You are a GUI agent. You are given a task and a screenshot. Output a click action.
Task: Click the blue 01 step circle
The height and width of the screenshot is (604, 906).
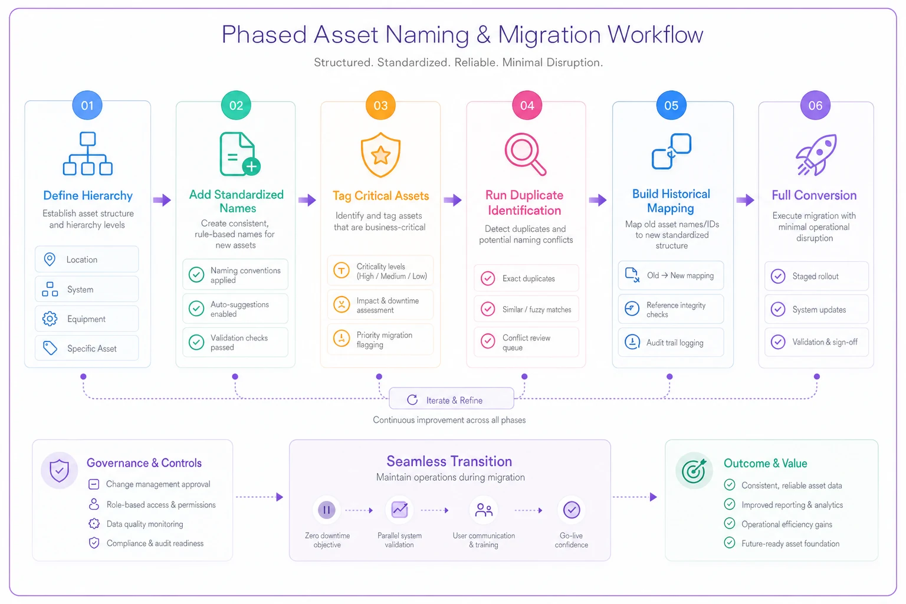point(87,105)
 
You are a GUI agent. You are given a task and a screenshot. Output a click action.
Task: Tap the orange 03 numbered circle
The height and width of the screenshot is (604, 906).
point(380,105)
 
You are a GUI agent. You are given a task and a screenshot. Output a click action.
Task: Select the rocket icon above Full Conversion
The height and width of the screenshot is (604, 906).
point(816,155)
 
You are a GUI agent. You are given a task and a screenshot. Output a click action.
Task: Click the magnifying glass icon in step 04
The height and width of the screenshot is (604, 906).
point(526,154)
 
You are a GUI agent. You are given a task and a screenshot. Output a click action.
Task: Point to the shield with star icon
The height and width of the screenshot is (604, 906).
point(380,155)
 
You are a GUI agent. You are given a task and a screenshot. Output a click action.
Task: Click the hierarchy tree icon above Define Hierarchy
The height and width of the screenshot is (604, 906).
point(88,153)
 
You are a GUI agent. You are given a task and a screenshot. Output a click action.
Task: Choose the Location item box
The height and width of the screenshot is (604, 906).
point(87,260)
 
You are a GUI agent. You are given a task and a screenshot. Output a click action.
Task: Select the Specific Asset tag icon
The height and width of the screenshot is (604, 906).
point(50,348)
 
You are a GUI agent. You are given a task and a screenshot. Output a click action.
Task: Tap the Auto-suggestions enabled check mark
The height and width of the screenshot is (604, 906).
point(196,308)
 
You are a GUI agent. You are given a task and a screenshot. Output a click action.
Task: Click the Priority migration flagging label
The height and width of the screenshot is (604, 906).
point(384,340)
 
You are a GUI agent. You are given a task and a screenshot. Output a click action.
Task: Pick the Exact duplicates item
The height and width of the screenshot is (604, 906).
point(526,278)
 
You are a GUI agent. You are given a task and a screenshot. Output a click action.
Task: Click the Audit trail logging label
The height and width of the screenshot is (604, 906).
point(675,343)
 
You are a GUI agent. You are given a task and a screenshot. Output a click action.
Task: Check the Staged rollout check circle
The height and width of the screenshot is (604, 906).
point(778,276)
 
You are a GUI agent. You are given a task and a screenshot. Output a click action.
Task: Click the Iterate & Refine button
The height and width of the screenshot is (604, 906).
point(451,399)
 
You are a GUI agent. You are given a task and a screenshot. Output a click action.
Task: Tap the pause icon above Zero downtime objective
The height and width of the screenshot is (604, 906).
point(326,510)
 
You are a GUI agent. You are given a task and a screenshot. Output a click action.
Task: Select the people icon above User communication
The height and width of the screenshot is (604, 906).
point(484,510)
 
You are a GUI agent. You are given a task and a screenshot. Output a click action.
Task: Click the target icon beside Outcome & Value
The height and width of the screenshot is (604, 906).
point(694,471)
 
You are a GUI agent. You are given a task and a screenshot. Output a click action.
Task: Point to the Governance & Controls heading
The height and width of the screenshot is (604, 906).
point(144,463)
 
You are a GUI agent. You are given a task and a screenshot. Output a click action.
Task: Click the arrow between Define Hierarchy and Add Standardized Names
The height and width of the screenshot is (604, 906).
point(162,200)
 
